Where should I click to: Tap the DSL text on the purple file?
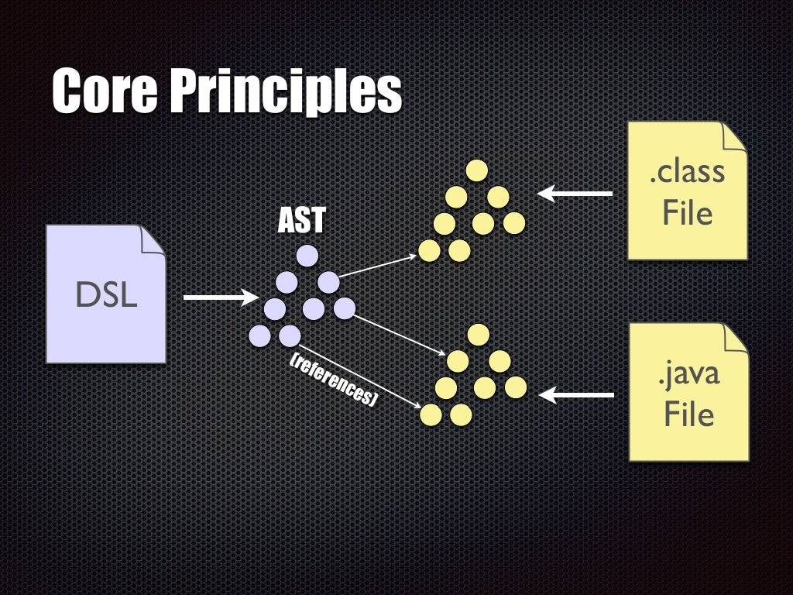(x=106, y=295)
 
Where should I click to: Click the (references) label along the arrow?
(x=332, y=380)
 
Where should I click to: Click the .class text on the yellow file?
(x=687, y=171)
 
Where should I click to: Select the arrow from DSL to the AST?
(x=220, y=297)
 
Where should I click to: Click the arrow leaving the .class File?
(x=575, y=194)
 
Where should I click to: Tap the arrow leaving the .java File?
(x=577, y=396)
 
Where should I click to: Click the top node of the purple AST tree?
(x=307, y=255)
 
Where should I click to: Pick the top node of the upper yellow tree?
(x=476, y=170)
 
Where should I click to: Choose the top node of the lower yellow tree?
(x=479, y=334)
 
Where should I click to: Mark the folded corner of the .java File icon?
(x=735, y=338)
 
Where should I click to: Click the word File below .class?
(x=687, y=212)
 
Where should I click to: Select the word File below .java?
(x=688, y=415)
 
